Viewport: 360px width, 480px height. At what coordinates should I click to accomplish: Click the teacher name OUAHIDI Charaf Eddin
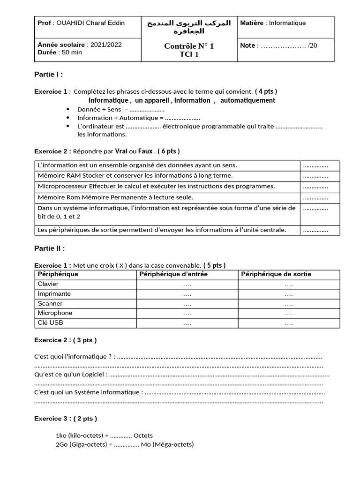coord(90,23)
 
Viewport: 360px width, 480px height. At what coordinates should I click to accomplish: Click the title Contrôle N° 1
coord(189,46)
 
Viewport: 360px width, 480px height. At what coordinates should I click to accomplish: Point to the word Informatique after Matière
coord(287,23)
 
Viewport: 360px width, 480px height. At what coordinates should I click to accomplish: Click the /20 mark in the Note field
coord(313,46)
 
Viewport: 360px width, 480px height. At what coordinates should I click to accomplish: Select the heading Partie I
coord(48,74)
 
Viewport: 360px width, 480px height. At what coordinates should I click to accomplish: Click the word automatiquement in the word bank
coord(247,100)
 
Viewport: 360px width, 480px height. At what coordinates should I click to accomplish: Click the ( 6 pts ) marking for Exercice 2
coord(169,151)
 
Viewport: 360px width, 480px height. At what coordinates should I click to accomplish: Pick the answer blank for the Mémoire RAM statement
coord(315,176)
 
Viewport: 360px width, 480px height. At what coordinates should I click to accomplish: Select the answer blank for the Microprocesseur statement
coord(315,187)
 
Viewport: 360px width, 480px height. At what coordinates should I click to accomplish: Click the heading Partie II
coord(50,248)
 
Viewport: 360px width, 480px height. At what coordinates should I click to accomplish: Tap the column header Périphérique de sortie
coord(276,274)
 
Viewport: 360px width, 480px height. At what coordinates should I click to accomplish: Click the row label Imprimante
coord(54,294)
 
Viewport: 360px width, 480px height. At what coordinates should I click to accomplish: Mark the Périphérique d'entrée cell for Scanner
coord(187,304)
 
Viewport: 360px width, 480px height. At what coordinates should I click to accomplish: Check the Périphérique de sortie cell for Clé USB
coord(289,323)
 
